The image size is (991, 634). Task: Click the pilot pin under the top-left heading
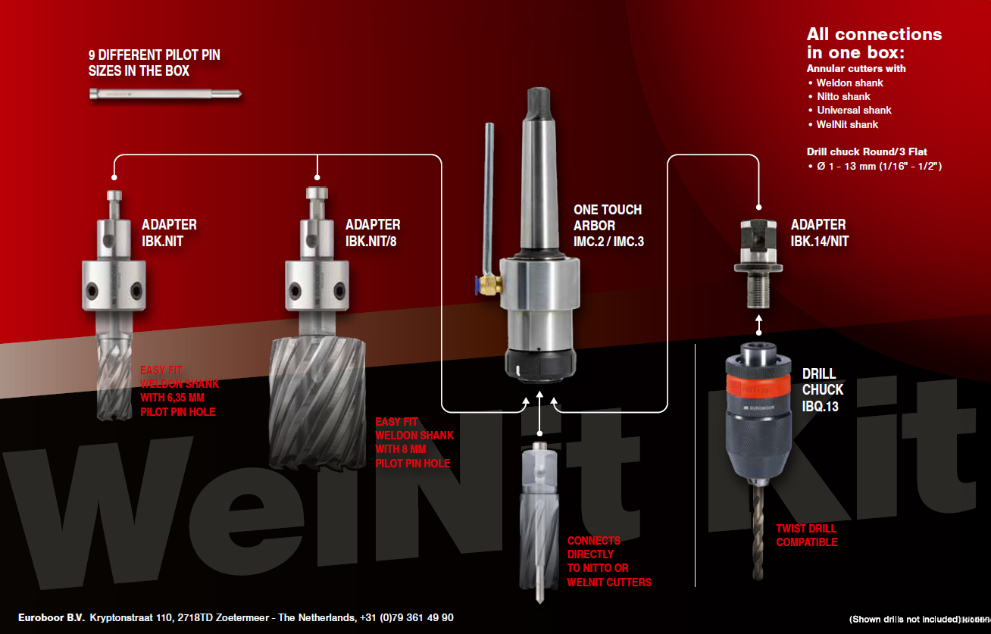(165, 95)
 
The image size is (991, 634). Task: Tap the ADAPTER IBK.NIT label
(169, 233)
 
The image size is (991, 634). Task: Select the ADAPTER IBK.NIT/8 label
(373, 233)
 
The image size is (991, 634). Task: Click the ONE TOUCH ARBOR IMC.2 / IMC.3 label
(607, 226)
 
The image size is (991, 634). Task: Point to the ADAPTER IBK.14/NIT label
(818, 233)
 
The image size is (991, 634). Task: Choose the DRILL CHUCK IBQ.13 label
(822, 389)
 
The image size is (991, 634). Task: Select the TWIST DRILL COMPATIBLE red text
(806, 536)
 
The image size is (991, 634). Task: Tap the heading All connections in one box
(874, 43)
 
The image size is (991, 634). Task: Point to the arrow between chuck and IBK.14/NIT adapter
(758, 326)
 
